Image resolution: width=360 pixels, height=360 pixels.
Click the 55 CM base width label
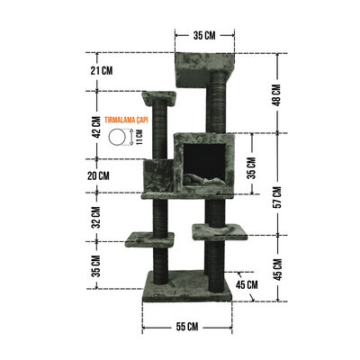click(187, 326)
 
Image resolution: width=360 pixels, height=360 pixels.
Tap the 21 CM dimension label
click(102, 71)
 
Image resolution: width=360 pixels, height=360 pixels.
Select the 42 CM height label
click(96, 127)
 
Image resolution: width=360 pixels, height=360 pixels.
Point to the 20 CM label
click(98, 175)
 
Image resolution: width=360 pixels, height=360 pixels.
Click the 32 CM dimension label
click(96, 217)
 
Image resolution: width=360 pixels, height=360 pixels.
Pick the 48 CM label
click(276, 94)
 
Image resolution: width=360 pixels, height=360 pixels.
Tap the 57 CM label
click(277, 197)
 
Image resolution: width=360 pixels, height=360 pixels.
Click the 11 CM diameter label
click(139, 137)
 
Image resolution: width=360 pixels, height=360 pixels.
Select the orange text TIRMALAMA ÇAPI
click(126, 121)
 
